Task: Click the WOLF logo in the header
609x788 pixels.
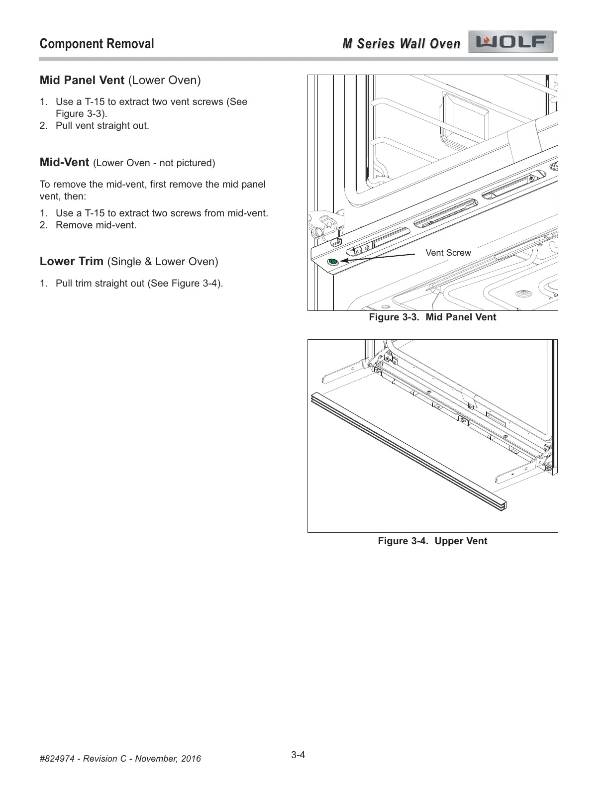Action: (511, 42)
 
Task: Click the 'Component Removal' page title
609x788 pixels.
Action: (97, 44)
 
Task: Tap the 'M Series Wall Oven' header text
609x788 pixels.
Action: (401, 44)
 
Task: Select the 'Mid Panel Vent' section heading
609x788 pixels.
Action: (82, 80)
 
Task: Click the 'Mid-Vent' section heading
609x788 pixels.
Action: (64, 162)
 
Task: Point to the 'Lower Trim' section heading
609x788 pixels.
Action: (71, 261)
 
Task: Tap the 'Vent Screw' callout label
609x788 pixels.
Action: (448, 253)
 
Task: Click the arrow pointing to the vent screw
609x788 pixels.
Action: (378, 257)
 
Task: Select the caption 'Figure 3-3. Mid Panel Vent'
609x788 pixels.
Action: (432, 317)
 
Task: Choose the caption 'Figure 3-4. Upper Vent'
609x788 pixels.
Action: (432, 541)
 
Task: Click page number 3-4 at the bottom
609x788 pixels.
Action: (298, 755)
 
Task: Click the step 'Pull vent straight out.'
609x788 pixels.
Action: (102, 125)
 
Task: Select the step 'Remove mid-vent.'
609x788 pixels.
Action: (96, 225)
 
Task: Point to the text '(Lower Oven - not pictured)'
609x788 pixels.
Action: (154, 163)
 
